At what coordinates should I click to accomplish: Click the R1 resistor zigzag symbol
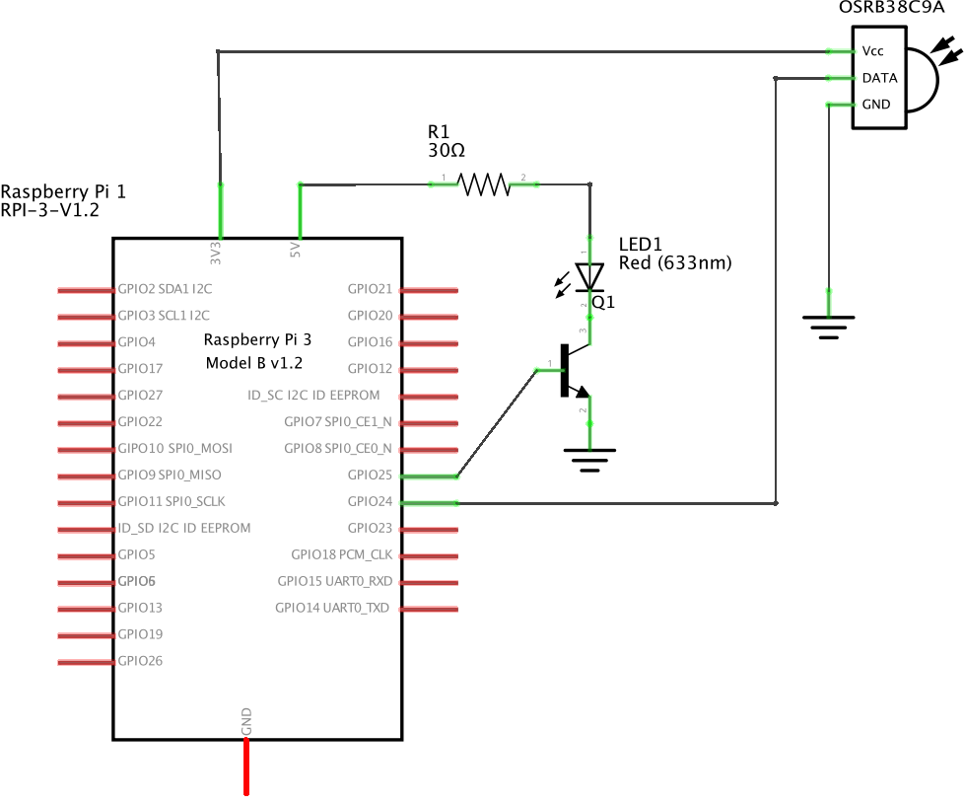[483, 184]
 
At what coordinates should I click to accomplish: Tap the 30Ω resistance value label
[447, 151]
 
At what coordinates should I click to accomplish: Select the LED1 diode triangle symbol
[589, 277]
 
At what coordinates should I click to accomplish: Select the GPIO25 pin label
[370, 476]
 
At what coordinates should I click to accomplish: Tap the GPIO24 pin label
[370, 502]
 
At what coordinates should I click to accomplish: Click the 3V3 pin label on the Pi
[216, 253]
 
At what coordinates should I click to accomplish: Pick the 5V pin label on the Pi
[296, 251]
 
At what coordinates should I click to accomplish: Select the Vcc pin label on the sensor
[872, 51]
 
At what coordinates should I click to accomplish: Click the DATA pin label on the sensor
[879, 78]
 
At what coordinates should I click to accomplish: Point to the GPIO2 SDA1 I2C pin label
[164, 290]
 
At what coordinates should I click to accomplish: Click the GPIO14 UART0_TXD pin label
[332, 609]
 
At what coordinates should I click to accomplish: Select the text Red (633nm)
[675, 263]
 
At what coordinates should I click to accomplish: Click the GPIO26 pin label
[140, 661]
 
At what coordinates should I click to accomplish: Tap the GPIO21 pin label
[370, 290]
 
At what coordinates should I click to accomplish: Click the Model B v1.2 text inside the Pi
[253, 363]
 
